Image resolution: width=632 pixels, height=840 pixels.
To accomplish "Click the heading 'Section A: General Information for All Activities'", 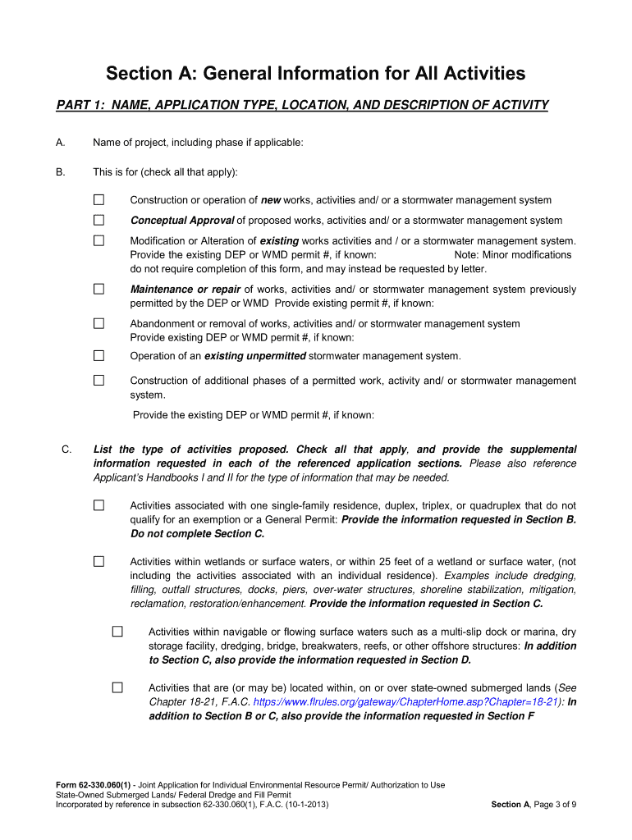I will coord(315,74).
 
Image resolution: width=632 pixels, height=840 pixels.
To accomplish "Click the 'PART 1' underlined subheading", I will coord(302,105).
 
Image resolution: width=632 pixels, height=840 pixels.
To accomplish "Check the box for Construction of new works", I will coord(98,199).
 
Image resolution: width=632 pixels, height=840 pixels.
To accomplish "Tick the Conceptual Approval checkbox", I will coord(98,220).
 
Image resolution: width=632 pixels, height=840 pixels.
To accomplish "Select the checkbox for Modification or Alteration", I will coord(98,241).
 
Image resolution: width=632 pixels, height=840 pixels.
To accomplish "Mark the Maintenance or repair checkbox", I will coord(98,289).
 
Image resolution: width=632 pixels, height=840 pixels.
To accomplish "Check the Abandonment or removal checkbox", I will coord(98,323).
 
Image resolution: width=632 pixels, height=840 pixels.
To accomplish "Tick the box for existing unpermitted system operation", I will coord(98,355).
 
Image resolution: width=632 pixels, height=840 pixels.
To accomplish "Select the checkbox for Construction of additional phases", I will coord(98,381).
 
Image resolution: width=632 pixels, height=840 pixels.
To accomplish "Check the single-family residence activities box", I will coord(98,505).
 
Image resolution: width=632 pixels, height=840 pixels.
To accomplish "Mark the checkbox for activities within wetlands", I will coord(98,561).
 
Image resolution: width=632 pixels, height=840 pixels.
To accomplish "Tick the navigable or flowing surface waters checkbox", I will coord(117,632).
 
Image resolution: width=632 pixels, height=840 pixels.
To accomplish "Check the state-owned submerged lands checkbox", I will coord(117,687).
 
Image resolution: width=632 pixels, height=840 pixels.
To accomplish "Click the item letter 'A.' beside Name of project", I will coord(61,143).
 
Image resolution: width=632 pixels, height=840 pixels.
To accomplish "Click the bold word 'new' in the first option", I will coord(271,200).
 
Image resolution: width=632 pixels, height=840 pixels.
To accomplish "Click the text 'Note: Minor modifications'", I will coord(512,255).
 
